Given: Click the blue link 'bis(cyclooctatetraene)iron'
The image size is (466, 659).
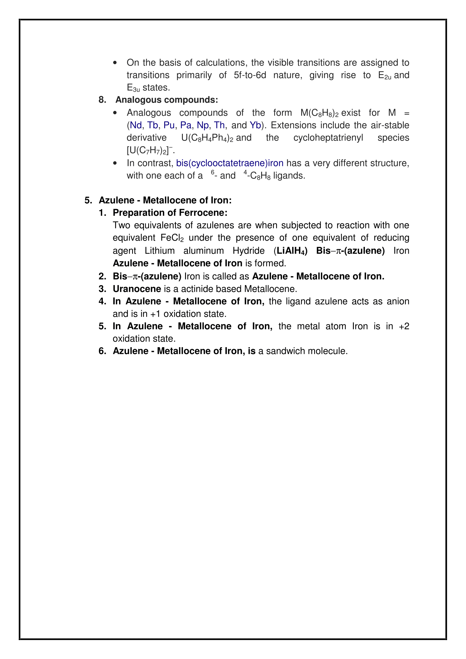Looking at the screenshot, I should [230, 163].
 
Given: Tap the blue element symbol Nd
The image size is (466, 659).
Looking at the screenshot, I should [136, 125].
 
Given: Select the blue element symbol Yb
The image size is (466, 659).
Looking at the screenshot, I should [255, 125].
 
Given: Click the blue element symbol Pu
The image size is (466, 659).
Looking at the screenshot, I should [169, 125].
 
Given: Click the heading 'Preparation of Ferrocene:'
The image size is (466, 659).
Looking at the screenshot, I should [170, 213].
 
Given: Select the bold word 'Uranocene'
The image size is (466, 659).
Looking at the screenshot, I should [137, 289].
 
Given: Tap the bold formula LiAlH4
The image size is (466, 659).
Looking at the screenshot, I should [290, 251].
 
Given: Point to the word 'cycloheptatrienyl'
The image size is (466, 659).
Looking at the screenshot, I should [328, 138].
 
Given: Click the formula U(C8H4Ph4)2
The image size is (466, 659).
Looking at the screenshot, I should [207, 138].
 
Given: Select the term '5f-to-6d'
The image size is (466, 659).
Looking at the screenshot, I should [250, 75].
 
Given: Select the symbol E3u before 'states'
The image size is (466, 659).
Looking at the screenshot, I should [133, 88].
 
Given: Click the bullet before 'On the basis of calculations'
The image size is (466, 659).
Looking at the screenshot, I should [115, 63].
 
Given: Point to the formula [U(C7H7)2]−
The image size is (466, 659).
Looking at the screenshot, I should [150, 150].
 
